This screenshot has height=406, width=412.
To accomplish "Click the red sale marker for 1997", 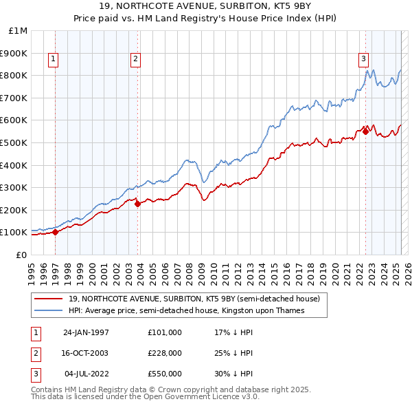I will pos(55,232).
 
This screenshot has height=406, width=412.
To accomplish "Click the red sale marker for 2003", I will pos(137,203).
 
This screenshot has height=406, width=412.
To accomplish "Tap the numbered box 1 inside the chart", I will pos(54,59).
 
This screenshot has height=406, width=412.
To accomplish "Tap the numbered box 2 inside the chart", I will pos(136,59).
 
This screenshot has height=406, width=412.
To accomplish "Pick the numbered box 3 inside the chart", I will pos(363,59).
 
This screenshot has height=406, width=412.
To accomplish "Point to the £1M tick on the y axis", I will pos(18,31).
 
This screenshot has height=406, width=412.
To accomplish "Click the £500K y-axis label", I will pos(14,142).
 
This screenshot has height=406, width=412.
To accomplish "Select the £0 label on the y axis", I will pos(21,255).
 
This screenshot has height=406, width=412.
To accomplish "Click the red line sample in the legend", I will pos(49,299).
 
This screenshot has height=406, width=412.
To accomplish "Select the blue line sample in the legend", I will pos(49,310).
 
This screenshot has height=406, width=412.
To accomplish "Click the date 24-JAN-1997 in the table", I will pos(86,332).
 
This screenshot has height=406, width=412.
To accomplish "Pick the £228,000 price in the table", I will pos(164,353).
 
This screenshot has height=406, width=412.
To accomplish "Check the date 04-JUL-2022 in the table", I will pos(86,374).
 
